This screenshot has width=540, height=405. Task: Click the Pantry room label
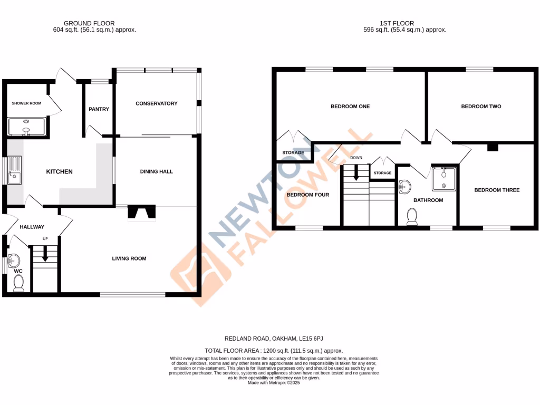[x=99, y=109]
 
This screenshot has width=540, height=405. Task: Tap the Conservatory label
[x=157, y=103]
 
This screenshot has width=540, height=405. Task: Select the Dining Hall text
[x=157, y=171]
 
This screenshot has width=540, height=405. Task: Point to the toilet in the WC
[x=18, y=284]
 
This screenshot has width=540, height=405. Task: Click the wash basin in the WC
[x=14, y=260]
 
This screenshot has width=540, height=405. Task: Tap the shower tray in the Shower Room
[x=27, y=127]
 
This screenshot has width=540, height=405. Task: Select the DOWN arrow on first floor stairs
[x=356, y=172]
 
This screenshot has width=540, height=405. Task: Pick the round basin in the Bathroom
[x=404, y=187]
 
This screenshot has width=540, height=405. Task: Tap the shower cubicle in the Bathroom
[x=444, y=178]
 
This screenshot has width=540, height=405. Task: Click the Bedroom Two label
[x=481, y=107]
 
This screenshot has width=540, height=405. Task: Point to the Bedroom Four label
[x=307, y=195]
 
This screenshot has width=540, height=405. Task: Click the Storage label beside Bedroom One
[x=293, y=153]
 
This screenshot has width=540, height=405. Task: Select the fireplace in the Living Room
[x=141, y=213]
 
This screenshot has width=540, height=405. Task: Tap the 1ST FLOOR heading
[x=397, y=23]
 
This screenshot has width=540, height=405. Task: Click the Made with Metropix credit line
[x=274, y=383]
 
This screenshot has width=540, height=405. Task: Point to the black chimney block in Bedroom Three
[x=493, y=148]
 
